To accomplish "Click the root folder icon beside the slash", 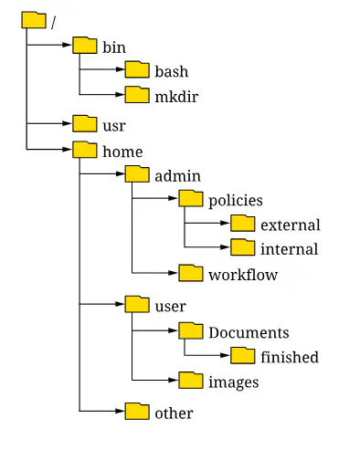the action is (x=34, y=20).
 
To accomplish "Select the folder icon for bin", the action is (x=85, y=46).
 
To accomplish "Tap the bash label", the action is (x=172, y=71).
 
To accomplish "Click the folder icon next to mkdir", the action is (x=137, y=95).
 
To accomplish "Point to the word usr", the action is (x=114, y=126).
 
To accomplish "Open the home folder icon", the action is (x=85, y=150).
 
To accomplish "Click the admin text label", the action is (x=178, y=176).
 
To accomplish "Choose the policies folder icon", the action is (x=191, y=198).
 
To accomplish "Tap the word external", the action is (x=291, y=225).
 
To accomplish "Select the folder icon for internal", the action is (x=243, y=247).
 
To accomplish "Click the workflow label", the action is (x=243, y=275).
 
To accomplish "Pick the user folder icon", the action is (x=137, y=304).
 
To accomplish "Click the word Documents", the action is (x=249, y=332).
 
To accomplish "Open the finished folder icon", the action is (x=243, y=355).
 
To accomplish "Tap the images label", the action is (x=234, y=382).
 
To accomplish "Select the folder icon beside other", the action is (x=137, y=412).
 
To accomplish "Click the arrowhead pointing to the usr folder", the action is (x=67, y=123).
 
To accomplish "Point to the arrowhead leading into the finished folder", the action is (x=225, y=355).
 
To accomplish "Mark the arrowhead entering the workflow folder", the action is (x=173, y=273).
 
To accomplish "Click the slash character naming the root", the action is (x=54, y=23).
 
